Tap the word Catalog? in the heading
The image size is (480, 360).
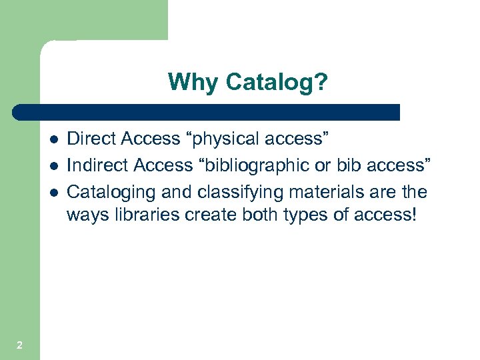pyautogui.click(x=277, y=83)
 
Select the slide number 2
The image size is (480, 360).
pyautogui.click(x=19, y=345)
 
